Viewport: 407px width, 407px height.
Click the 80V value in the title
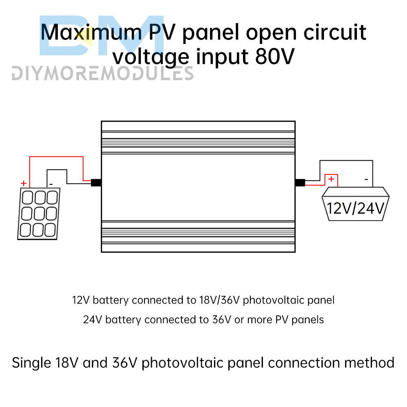coord(274,57)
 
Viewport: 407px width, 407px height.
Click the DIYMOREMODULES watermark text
coord(102,74)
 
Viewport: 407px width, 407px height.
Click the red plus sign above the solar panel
coord(23,183)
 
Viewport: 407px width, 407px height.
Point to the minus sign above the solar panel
coord(51,184)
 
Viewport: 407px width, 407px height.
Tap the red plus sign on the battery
coord(331,179)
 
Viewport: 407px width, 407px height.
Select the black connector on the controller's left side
coord(96,183)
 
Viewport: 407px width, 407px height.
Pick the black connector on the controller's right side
coord(300,182)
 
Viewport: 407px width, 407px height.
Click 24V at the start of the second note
coord(91,319)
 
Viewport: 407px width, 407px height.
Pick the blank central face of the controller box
coord(198,187)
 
